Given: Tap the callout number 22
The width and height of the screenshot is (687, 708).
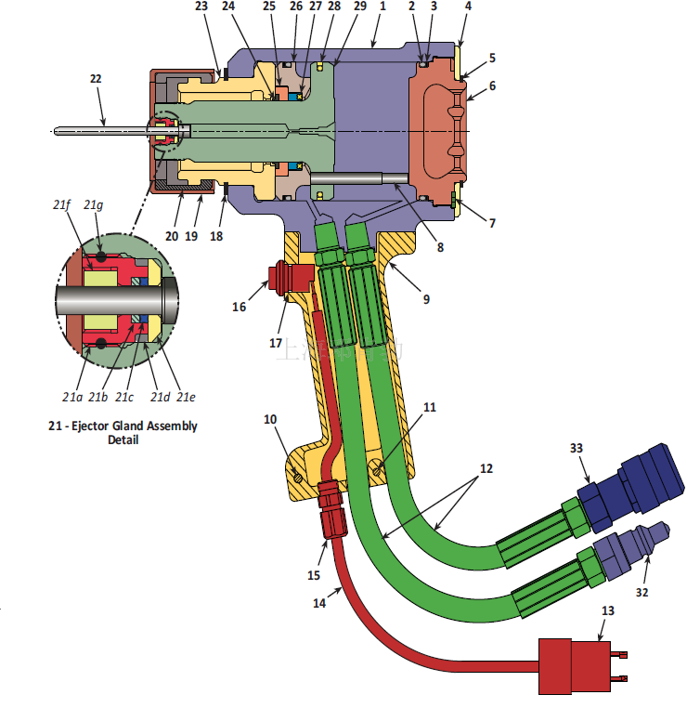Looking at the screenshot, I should (95, 80).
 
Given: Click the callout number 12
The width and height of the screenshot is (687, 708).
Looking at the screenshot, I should (487, 469).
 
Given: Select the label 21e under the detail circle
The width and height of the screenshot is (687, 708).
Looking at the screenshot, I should (186, 397).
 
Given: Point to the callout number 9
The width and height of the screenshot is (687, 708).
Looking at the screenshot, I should (426, 299).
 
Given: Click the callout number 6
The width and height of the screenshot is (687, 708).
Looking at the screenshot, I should (492, 85).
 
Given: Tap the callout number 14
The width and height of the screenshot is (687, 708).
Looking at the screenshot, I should (319, 602).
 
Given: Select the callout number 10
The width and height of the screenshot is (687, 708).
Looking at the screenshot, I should (270, 419).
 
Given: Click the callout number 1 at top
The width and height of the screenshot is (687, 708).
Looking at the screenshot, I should (382, 7).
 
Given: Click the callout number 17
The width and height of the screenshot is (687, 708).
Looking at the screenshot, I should (276, 343).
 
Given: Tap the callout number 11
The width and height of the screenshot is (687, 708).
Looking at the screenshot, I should (429, 407).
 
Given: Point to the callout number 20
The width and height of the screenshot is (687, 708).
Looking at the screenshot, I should (172, 237).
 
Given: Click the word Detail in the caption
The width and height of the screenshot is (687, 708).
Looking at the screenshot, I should (123, 439).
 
